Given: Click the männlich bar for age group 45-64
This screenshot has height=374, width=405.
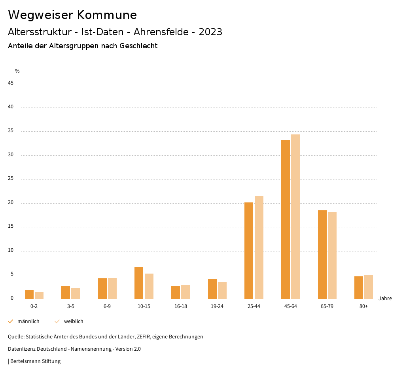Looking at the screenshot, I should [x=286, y=219].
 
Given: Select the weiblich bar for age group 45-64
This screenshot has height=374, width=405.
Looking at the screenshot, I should [x=295, y=217].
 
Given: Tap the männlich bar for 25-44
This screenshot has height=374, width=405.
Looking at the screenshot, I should [x=249, y=251].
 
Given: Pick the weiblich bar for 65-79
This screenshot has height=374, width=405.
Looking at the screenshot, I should [x=332, y=255].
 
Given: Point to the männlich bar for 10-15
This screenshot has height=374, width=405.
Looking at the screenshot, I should [x=139, y=283].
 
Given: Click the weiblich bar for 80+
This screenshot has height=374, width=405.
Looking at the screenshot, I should [x=369, y=287].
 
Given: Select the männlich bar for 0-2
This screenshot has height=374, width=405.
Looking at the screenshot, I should [x=29, y=294].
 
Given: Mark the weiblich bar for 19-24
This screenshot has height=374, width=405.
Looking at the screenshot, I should [x=222, y=290].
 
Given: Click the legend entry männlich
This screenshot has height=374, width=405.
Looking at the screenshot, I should [x=28, y=321].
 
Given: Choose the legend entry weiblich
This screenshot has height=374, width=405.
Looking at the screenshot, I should [x=74, y=321].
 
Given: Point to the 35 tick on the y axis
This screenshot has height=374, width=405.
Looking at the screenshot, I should [x=11, y=131].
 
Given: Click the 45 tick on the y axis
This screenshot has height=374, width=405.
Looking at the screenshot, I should [x=11, y=83].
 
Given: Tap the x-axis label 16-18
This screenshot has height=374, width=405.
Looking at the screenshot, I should [x=181, y=306].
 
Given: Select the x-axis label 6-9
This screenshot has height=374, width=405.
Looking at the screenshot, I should [x=107, y=306].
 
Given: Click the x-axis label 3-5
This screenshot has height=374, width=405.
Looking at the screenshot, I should [x=71, y=306].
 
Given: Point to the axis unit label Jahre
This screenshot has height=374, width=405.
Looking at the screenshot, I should [x=385, y=298].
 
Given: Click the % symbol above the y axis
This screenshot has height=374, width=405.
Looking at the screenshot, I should [x=17, y=71].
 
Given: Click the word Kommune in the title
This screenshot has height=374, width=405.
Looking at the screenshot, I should [x=107, y=15].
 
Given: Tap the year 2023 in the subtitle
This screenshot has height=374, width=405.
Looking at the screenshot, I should [x=210, y=32].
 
